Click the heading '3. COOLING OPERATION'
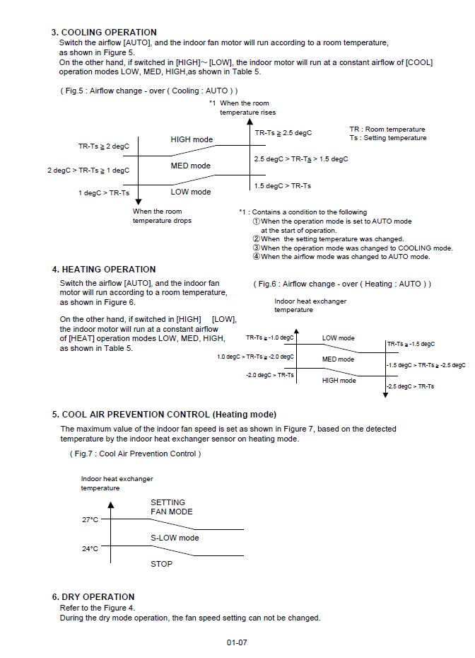point(104,33)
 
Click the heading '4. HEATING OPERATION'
point(103,270)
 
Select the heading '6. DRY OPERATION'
point(93,597)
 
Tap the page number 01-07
point(237,642)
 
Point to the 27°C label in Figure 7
point(90,520)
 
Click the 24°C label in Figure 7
point(90,548)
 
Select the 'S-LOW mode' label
point(175,538)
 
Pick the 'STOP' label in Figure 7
point(161,564)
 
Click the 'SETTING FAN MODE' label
point(171,507)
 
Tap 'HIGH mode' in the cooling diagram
point(191,140)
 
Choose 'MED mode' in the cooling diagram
point(190,166)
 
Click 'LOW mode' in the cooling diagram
point(190,192)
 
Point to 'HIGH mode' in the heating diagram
point(339,381)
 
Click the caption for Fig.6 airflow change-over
point(342,284)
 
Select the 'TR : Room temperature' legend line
point(387,129)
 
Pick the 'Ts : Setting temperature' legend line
point(388,138)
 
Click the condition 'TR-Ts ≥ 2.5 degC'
point(283,133)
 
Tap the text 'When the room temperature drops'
point(162,216)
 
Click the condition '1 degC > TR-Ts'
point(103,193)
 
